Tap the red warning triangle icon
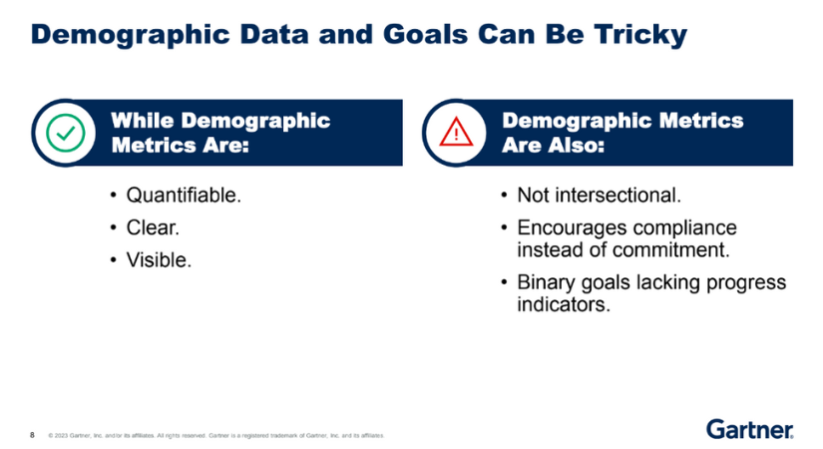click(456, 132)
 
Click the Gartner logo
click(749, 429)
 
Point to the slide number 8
click(32, 435)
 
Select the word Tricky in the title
click(640, 35)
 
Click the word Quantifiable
click(184, 196)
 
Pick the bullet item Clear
click(153, 227)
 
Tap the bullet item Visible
click(159, 260)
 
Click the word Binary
click(547, 282)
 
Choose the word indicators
click(564, 304)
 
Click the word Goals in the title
click(425, 35)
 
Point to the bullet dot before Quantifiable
click(113, 196)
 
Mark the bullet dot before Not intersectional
click(504, 196)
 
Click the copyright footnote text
click(216, 435)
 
